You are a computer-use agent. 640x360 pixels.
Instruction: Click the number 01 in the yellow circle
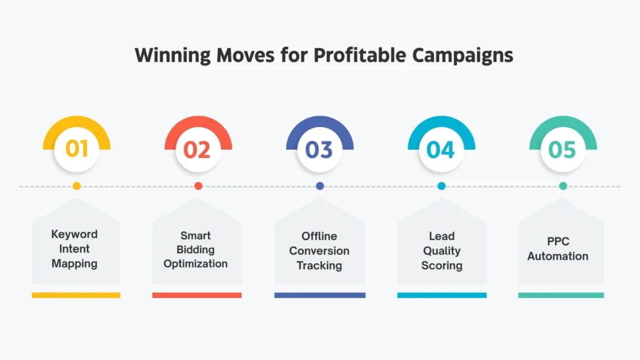[x=76, y=150]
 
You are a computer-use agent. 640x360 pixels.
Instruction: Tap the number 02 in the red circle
[x=197, y=150]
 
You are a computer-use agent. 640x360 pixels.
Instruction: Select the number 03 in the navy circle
[x=319, y=150]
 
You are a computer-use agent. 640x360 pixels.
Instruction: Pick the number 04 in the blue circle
[x=441, y=150]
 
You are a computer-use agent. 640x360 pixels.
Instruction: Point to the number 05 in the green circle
[x=562, y=150]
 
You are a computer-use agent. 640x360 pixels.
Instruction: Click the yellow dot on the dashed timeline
[x=76, y=186]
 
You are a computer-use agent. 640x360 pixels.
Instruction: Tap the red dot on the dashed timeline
[x=198, y=186]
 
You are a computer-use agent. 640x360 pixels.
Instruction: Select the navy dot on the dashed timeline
[x=320, y=186]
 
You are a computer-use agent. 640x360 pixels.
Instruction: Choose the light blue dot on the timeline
[x=441, y=186]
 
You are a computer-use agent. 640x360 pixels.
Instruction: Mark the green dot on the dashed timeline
[x=563, y=186]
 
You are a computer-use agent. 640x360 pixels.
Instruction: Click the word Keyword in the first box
[x=74, y=234]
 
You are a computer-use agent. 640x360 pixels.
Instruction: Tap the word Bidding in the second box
[x=196, y=250]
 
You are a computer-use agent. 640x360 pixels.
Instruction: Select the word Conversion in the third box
[x=319, y=251]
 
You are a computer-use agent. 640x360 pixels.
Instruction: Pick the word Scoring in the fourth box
[x=442, y=266]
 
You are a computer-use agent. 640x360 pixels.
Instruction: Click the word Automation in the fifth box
[x=557, y=256]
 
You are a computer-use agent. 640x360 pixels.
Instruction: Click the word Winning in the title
[x=172, y=55]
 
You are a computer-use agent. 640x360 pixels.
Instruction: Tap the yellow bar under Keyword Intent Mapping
[x=76, y=295]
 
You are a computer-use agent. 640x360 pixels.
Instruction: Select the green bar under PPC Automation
[x=561, y=295]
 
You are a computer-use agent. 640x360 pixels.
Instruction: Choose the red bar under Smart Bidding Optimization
[x=197, y=295]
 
